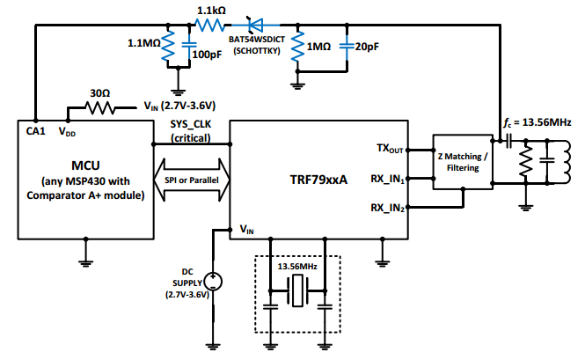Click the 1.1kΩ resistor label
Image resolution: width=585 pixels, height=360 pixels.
tap(212, 10)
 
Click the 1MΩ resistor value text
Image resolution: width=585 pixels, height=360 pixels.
tap(318, 46)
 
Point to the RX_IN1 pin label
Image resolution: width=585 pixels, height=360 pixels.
tap(387, 180)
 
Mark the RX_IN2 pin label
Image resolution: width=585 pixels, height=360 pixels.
tap(387, 209)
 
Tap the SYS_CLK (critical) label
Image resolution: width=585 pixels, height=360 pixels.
tap(192, 133)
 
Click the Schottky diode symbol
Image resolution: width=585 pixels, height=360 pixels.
tap(259, 26)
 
